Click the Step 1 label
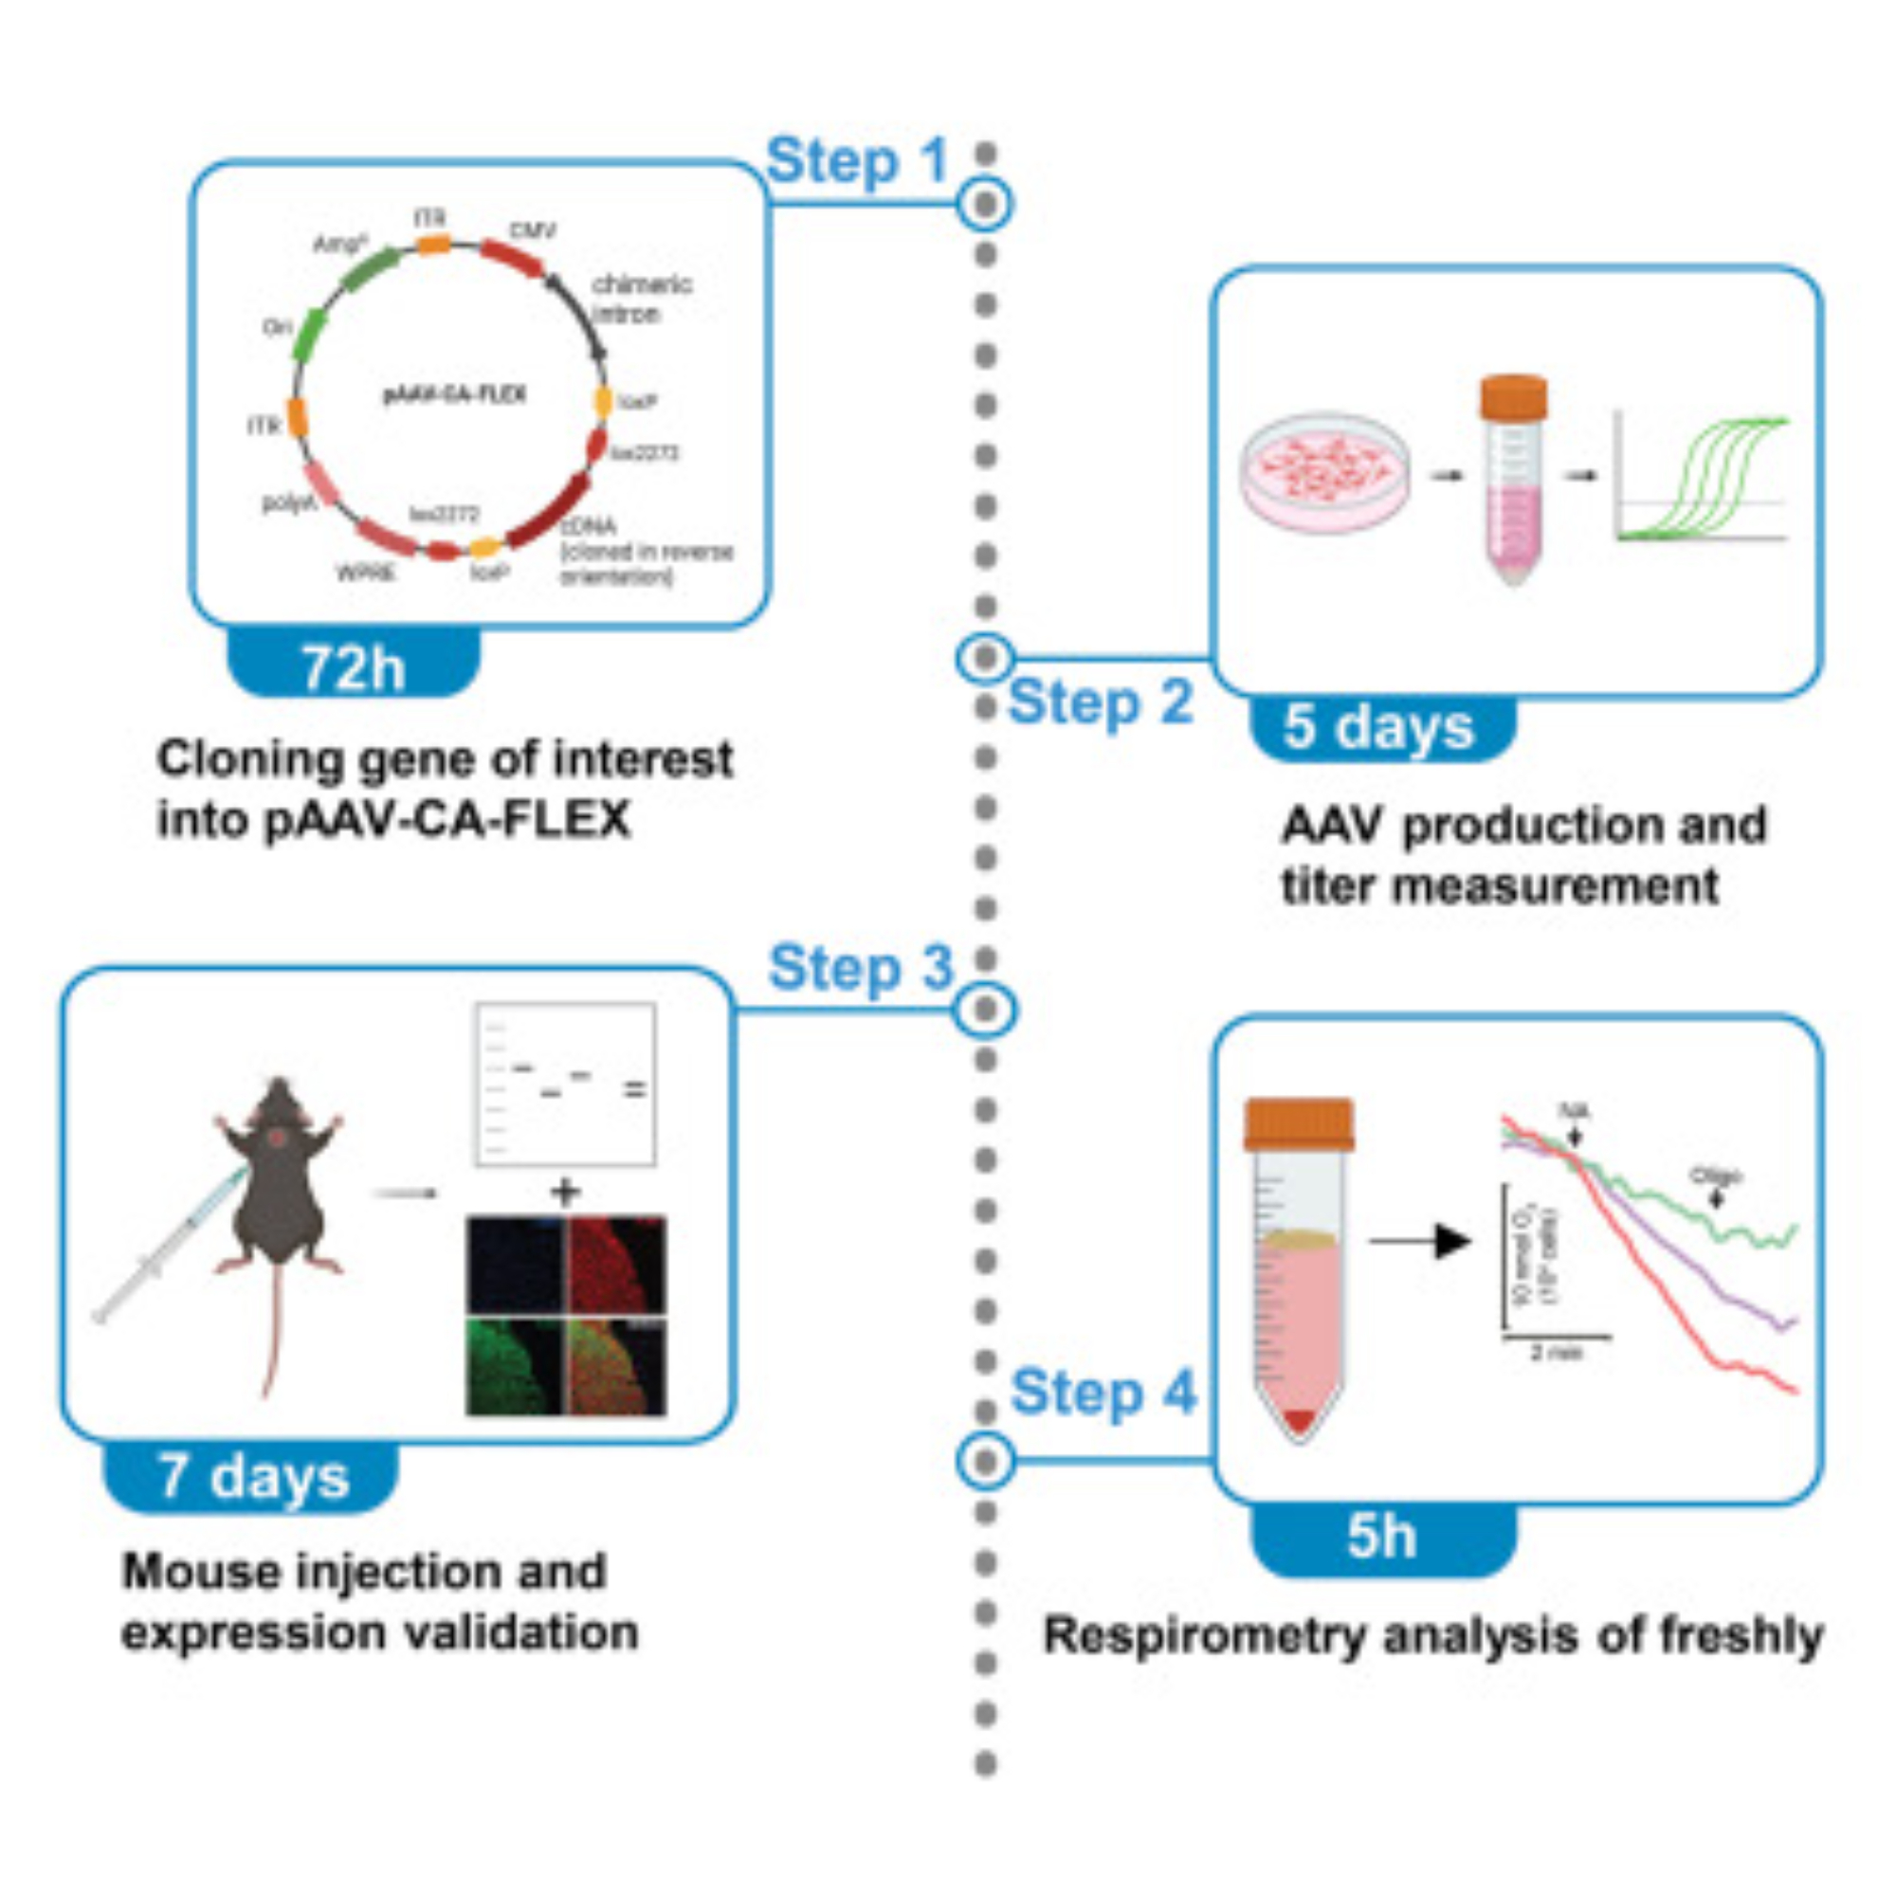857,162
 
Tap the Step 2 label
1100,702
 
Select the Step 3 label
861,969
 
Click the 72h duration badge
354,668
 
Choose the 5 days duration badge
1378,728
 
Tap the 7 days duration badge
253,1477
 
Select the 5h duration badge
1382,1537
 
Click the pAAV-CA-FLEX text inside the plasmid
453,394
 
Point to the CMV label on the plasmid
532,231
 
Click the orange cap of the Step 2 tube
1513,396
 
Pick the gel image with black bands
565,1085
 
